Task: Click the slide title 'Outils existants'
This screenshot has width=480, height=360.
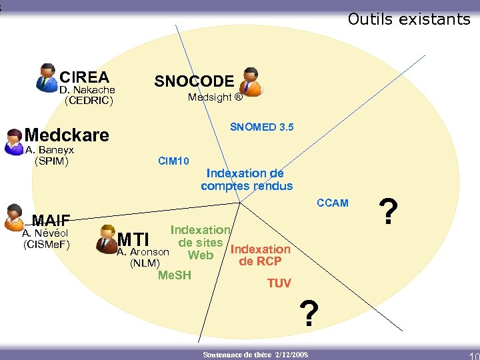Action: tap(409, 19)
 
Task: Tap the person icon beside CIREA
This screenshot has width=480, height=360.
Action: tap(47, 77)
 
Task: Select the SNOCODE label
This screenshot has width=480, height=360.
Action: tap(194, 81)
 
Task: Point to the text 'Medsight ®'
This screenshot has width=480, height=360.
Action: tap(215, 97)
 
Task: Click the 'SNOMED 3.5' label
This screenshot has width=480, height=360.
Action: tap(261, 127)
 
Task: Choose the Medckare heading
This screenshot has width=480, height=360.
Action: tap(67, 135)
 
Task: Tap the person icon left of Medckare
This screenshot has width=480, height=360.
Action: tap(13, 141)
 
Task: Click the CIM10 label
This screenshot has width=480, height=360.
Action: tap(173, 161)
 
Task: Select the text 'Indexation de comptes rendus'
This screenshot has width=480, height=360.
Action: tap(247, 180)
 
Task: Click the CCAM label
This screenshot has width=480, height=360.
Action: tap(332, 203)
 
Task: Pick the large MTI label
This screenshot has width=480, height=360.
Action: tap(133, 239)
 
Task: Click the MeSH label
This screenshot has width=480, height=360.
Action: tap(174, 275)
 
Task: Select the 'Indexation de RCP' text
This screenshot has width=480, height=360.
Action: tap(260, 255)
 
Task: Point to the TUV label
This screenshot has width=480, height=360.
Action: tap(279, 283)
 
